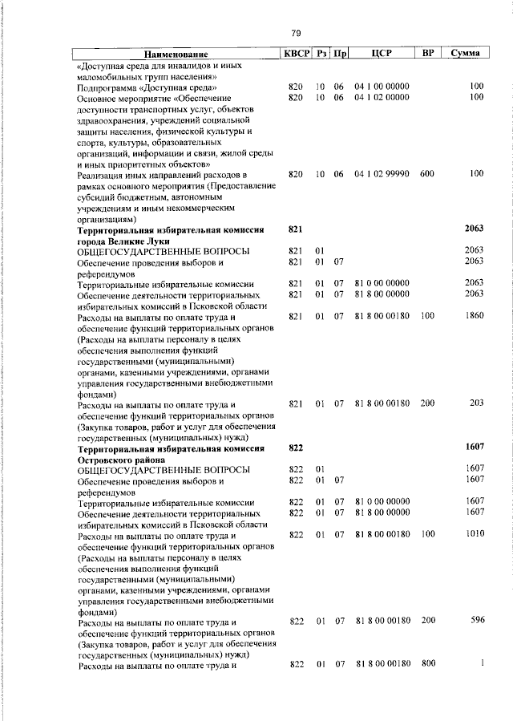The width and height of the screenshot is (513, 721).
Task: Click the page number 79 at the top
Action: tap(295, 33)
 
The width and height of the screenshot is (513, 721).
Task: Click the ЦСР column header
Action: tap(380, 53)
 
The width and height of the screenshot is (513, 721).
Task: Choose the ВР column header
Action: tap(428, 53)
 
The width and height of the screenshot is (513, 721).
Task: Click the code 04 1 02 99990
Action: tap(382, 173)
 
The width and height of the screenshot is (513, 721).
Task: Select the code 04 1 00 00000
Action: tap(382, 86)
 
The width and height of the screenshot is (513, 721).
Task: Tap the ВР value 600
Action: tap(426, 173)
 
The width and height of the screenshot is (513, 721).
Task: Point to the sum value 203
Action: tap(477, 404)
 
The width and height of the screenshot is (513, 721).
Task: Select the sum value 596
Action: tap(477, 620)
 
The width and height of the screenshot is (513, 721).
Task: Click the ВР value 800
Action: tap(426, 663)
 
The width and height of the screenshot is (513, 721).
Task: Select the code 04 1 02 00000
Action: tap(382, 97)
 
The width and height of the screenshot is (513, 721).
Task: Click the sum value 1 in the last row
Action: tap(483, 663)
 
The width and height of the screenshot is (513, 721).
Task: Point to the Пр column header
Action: tap(340, 53)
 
